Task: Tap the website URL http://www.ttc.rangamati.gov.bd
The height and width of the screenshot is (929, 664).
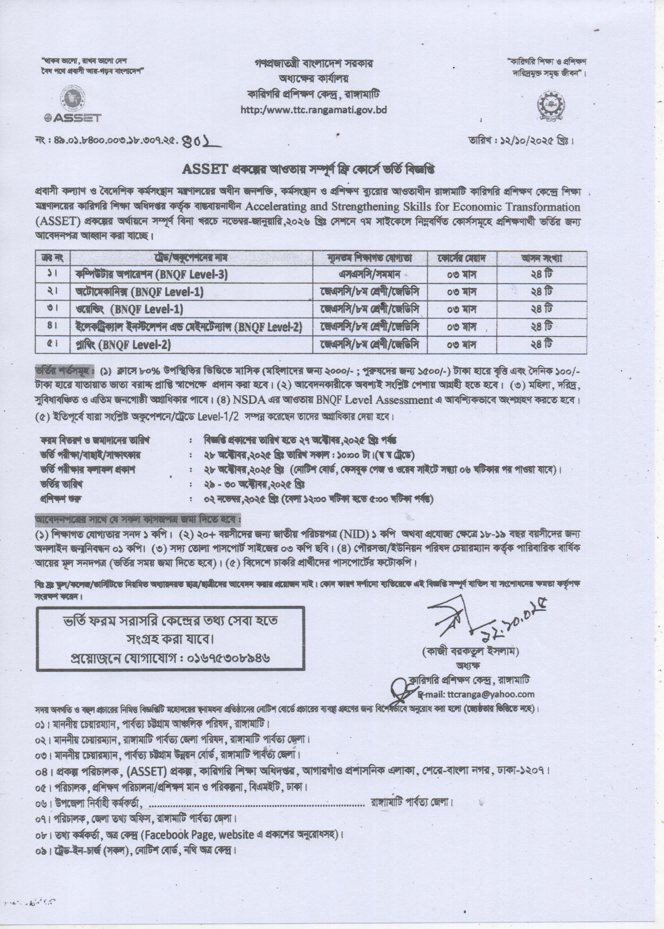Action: click(314, 110)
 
